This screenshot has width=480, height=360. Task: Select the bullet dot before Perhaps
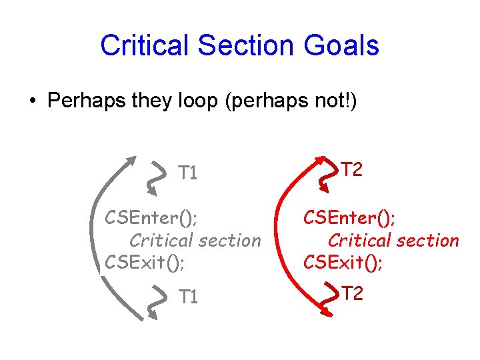[32, 102]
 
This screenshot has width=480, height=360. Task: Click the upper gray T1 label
[189, 174]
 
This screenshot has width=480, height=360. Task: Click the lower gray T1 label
[189, 296]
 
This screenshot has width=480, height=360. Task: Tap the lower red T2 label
[352, 292]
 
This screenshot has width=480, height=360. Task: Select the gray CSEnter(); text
[151, 217]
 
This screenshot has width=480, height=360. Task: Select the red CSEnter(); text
[349, 217]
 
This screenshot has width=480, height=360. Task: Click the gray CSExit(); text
[145, 263]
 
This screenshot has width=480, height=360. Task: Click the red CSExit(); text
[343, 263]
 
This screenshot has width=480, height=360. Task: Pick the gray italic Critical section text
[195, 240]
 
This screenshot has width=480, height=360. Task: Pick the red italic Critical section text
[393, 240]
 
